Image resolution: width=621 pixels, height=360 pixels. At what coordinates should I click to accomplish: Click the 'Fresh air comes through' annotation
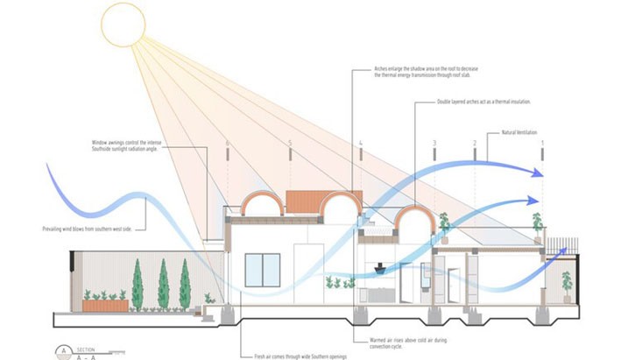[288, 354]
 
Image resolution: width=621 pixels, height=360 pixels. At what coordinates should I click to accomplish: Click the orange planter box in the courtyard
[105, 305]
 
